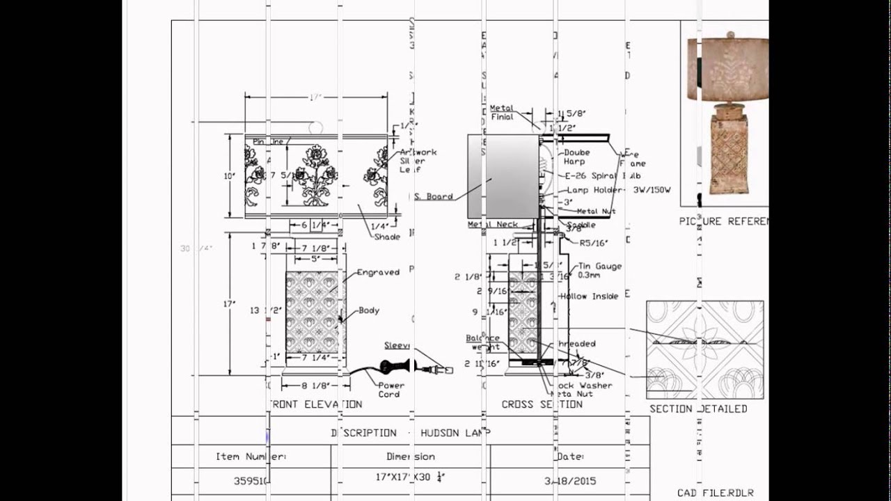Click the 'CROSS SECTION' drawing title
coord(542,404)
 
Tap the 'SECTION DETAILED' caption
coord(698,408)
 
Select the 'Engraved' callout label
coord(378,272)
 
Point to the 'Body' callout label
coord(369,310)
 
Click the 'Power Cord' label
coord(391,390)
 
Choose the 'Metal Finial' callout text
coord(502,112)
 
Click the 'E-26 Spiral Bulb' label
coord(603,176)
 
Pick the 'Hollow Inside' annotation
coord(589,296)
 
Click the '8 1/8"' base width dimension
coord(315,384)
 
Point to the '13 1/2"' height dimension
coord(265,310)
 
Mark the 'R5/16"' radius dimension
coord(594,243)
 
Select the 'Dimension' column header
coord(411,456)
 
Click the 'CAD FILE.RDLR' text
coord(715,493)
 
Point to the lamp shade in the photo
coord(728,66)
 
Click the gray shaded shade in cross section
coord(503,176)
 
